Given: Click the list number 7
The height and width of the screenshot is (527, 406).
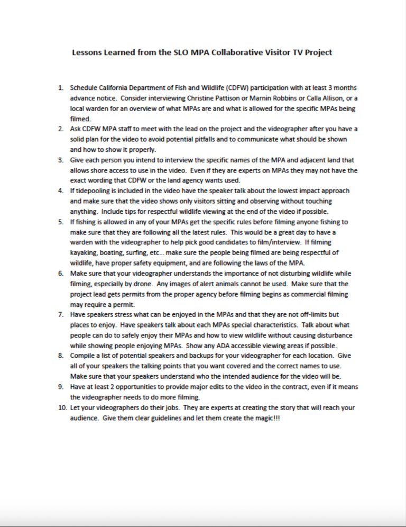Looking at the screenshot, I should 61,315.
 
